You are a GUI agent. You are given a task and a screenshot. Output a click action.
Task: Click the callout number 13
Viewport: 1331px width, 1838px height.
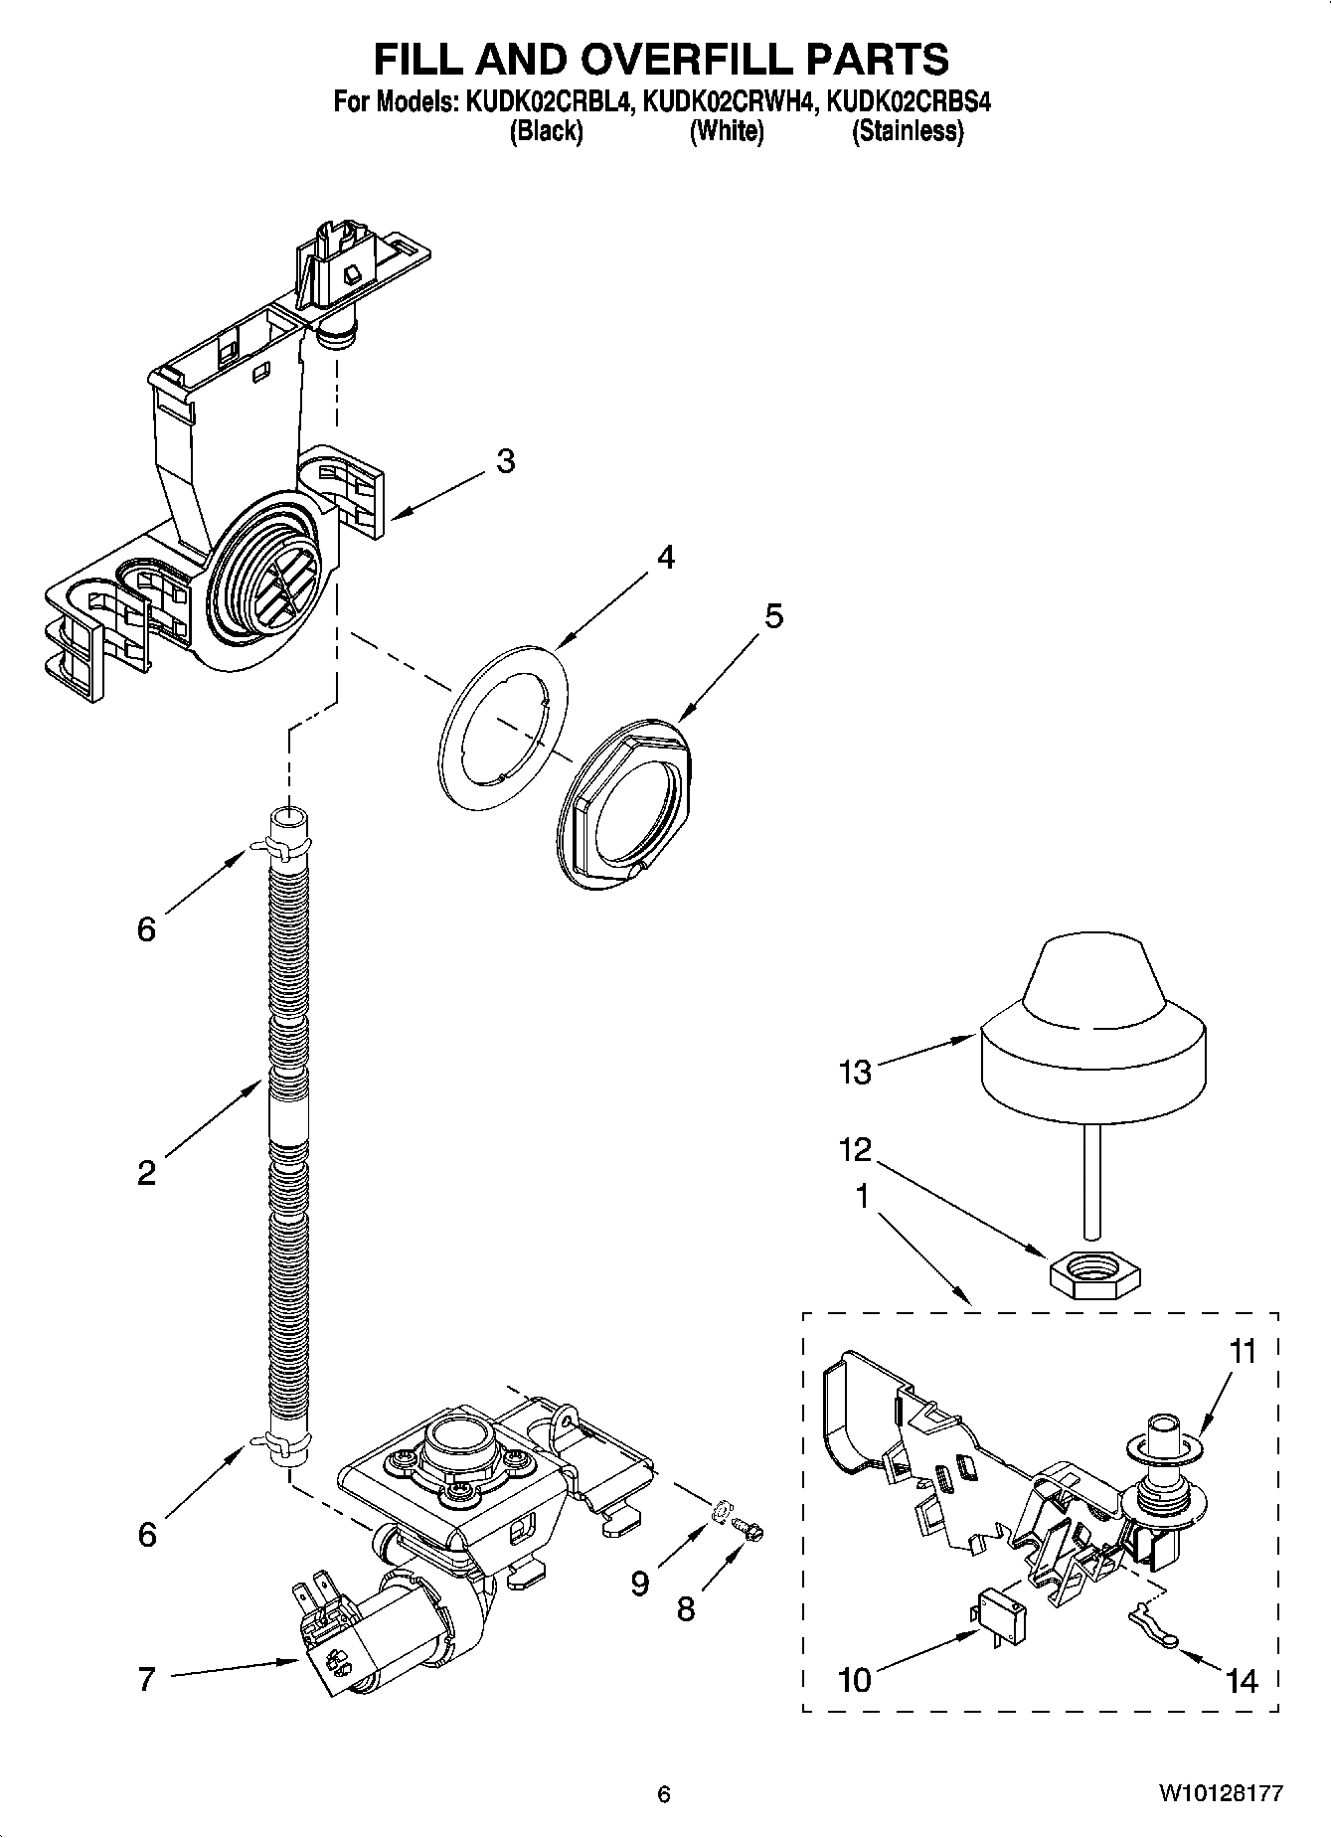coord(855,1072)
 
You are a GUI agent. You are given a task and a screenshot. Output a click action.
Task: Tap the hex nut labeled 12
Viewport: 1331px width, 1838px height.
coord(1094,1271)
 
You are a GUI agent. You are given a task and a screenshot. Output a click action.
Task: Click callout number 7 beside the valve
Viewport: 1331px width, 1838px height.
coord(146,1679)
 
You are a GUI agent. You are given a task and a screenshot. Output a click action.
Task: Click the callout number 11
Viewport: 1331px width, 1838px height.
coord(1243,1352)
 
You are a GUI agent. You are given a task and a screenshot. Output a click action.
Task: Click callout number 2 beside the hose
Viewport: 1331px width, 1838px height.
coord(146,1174)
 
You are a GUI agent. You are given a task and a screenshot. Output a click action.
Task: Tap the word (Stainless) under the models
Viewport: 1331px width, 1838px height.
coord(907,131)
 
